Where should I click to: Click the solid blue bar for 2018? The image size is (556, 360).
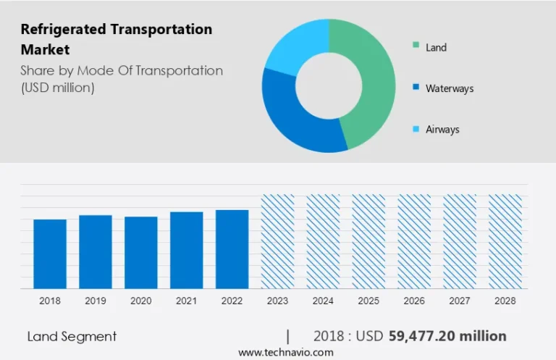tap(50, 254)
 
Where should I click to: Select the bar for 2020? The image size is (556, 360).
tap(141, 253)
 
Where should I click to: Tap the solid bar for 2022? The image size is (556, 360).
tap(232, 249)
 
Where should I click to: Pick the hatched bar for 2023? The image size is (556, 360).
tap(278, 241)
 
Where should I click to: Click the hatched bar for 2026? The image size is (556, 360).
tap(414, 241)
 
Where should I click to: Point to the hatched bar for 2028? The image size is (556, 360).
tap(505, 241)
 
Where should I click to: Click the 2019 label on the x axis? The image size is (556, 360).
tap(96, 301)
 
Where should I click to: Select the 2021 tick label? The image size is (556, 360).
tap(187, 301)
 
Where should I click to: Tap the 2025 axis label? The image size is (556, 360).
tap(368, 301)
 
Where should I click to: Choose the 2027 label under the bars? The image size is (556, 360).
tap(460, 301)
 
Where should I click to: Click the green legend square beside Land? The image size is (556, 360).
tap(416, 45)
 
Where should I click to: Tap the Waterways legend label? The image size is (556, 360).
tap(450, 88)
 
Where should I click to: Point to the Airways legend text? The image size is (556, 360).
tap(442, 130)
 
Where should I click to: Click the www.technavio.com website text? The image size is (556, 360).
tap(286, 353)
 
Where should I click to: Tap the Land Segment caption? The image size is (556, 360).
tap(72, 337)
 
